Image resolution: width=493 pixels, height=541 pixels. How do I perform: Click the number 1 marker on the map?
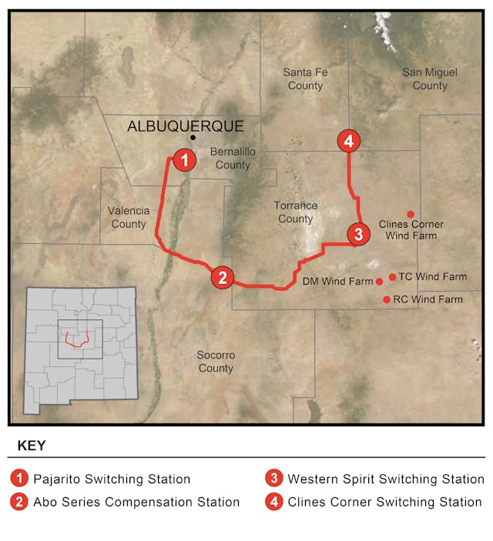[x=183, y=160]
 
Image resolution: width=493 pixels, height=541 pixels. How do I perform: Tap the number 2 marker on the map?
[x=222, y=278]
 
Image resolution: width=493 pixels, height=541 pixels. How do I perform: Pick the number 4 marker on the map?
[x=349, y=141]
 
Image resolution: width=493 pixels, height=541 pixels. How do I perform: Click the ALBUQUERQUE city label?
[x=185, y=126]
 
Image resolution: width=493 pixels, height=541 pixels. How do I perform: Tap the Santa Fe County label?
[x=305, y=78]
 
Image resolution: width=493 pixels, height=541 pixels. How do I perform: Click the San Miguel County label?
[x=430, y=78]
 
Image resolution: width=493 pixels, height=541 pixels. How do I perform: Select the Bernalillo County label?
[x=233, y=159]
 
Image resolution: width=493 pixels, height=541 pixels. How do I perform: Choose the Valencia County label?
[x=128, y=217]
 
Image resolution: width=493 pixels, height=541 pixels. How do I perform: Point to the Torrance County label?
[x=296, y=212]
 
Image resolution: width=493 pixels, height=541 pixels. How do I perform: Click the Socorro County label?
[x=216, y=362]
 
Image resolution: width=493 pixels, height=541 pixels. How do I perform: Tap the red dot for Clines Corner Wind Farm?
[x=411, y=214]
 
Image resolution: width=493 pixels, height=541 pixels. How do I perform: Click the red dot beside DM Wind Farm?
[x=379, y=282]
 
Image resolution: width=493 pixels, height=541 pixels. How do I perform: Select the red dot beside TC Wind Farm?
[x=392, y=277]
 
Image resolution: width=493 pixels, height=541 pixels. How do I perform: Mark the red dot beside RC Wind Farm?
[x=387, y=299]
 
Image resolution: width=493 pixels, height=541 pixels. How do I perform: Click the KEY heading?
[x=31, y=446]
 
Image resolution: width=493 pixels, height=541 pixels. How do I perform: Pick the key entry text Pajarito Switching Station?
[x=112, y=479]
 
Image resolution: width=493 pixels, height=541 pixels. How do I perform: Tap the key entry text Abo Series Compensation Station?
[x=136, y=502]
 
